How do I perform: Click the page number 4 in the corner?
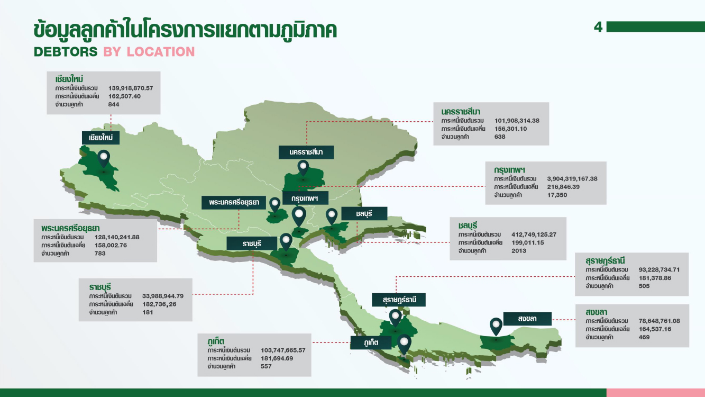[598, 27]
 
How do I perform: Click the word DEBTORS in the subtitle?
[66, 52]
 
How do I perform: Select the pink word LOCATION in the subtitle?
[161, 52]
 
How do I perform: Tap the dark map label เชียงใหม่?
[100, 138]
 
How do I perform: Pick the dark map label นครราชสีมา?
[306, 152]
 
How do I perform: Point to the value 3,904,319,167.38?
[572, 179]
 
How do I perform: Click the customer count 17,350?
[557, 195]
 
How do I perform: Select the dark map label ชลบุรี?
[364, 214]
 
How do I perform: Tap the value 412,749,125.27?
[534, 234]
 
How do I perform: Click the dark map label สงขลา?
[527, 319]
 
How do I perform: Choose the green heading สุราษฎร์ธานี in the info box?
[605, 261]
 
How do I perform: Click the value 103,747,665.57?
[283, 350]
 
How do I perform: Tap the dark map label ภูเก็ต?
[371, 342]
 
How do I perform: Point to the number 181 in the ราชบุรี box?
[148, 312]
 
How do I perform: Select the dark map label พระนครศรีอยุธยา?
[234, 203]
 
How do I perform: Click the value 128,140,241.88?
[117, 237]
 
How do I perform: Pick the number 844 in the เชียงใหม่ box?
[114, 104]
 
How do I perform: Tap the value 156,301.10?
[510, 129]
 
